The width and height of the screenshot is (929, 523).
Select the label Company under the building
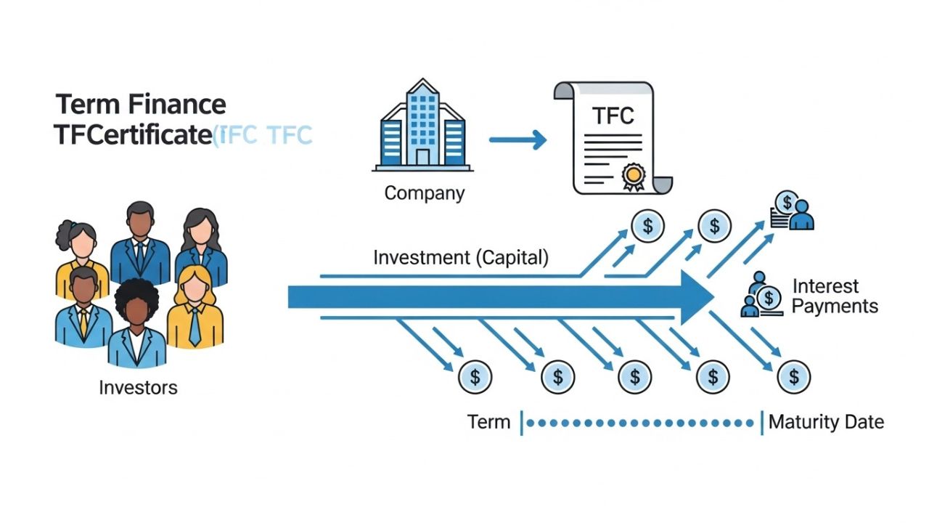(424, 193)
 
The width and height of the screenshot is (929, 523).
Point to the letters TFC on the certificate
(613, 116)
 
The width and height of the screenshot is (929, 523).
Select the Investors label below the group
(138, 387)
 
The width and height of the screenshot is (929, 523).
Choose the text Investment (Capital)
(461, 257)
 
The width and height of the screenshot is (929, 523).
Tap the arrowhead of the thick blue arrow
(697, 297)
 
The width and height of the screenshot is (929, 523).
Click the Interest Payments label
(835, 296)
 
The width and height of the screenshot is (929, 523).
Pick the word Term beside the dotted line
(488, 422)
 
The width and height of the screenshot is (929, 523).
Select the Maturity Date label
(826, 422)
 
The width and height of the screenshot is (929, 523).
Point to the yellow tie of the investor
(83, 323)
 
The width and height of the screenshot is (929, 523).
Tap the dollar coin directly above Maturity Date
(793, 377)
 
